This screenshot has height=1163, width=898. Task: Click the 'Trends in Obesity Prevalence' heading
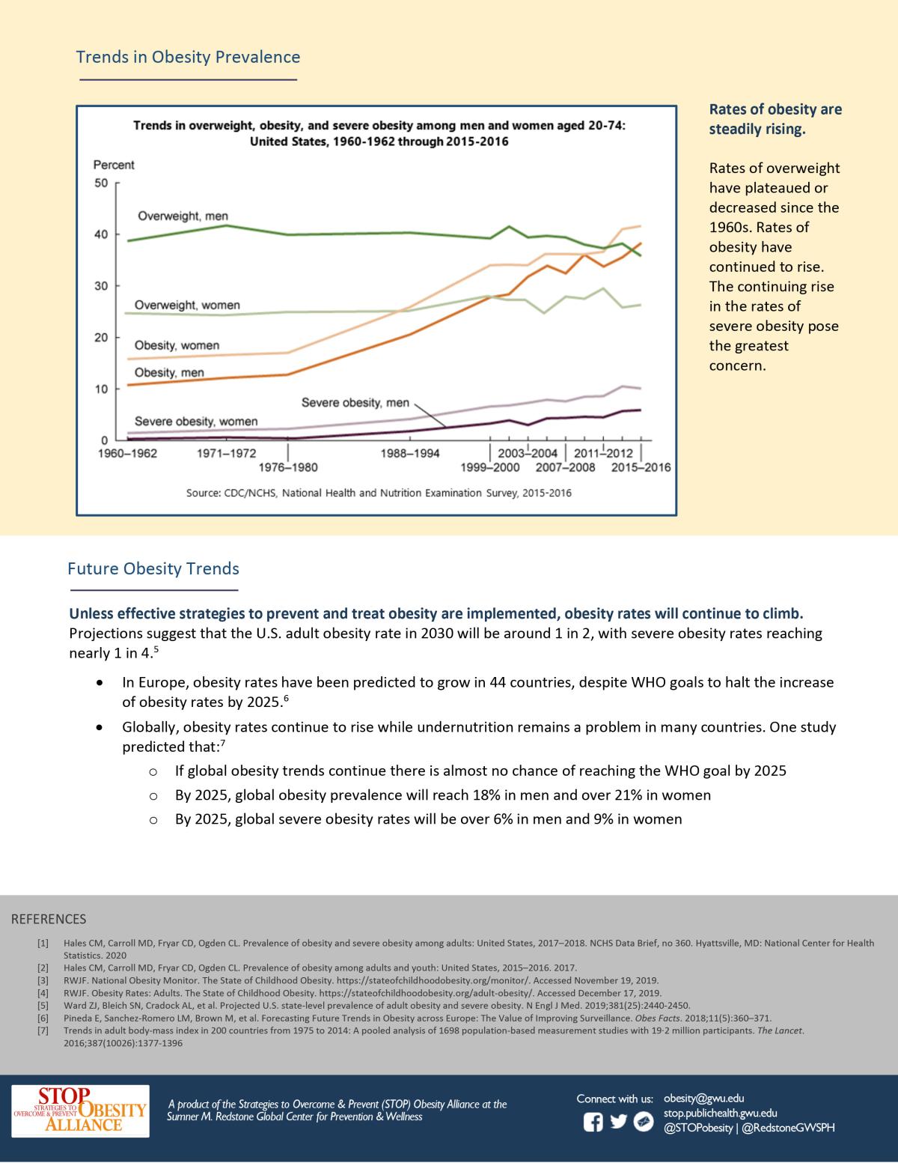[x=188, y=57]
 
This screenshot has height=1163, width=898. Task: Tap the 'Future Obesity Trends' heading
[x=153, y=568]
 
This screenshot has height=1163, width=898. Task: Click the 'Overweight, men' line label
[x=183, y=216]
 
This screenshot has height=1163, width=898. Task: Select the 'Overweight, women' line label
[x=187, y=306]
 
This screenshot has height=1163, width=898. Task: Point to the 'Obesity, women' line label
[x=177, y=346]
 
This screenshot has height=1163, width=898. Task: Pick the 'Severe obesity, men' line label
[x=355, y=403]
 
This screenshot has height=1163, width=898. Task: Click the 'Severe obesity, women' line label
[x=196, y=422]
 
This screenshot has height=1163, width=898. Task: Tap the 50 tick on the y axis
[x=101, y=183]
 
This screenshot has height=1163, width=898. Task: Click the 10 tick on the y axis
[x=101, y=389]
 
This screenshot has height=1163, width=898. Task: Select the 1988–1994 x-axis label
[x=410, y=454]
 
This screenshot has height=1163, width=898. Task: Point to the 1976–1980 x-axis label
[x=288, y=468]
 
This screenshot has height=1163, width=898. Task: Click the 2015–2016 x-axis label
[x=641, y=468]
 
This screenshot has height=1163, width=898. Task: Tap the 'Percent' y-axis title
[x=114, y=165]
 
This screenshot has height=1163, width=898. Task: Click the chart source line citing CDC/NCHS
[x=379, y=494]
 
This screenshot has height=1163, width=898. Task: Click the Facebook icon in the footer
[x=593, y=1122]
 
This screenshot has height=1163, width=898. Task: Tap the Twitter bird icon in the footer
[x=618, y=1122]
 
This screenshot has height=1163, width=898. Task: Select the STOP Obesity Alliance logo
[x=80, y=1111]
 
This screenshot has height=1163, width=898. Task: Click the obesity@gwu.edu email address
[x=703, y=1099]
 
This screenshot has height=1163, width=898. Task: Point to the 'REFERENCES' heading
[x=49, y=919]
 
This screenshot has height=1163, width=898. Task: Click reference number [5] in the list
[x=43, y=1006]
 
